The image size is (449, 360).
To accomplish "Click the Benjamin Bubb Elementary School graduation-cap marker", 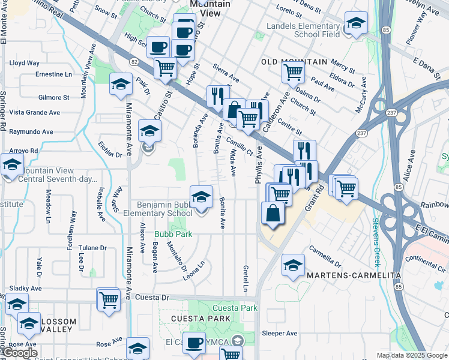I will [x=201, y=196].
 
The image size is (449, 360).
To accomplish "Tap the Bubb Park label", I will [x=173, y=234].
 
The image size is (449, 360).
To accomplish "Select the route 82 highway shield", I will [x=133, y=62].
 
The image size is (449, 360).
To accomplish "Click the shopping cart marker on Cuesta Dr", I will [x=109, y=299].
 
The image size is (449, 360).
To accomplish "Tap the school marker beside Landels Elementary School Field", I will [x=356, y=24].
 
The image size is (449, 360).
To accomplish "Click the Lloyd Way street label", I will [x=25, y=63].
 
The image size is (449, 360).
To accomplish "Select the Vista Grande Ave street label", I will [x=34, y=112].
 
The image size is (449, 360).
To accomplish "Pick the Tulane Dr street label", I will [x=92, y=247].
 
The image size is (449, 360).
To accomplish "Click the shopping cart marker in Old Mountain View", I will [x=293, y=73].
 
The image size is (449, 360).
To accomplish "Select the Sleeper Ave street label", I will [x=279, y=333].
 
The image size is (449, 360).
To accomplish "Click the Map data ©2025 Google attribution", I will [x=412, y=355].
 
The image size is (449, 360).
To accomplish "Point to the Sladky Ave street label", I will [x=24, y=288].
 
